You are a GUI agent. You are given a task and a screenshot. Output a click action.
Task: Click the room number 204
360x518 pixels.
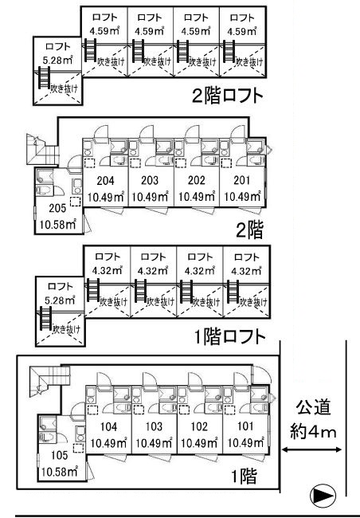pos(105,180)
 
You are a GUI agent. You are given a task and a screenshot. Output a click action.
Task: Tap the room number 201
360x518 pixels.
pos(242,180)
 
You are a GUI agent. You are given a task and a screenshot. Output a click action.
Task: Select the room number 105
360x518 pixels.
pos(60,455)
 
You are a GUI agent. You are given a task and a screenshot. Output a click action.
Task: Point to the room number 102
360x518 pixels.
pos(199,426)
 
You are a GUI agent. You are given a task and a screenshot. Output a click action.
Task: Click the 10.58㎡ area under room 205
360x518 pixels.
pos(58,225)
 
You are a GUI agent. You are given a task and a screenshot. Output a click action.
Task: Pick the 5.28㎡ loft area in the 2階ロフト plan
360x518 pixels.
pos(58,60)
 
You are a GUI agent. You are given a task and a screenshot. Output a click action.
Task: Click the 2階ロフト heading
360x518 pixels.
pos(228,96)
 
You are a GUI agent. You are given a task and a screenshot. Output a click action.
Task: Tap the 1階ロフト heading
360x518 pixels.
pos(230,336)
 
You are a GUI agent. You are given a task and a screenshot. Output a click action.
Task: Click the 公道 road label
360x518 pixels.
pos(313,408)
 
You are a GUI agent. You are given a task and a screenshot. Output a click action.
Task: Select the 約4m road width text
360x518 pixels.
pos(313,432)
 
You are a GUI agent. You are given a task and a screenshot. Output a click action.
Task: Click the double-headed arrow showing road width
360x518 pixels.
pos(311,449)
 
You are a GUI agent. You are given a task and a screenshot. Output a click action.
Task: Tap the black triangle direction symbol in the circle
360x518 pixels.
pos(319,495)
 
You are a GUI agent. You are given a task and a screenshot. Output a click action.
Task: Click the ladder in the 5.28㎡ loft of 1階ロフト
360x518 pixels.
pos(45,319)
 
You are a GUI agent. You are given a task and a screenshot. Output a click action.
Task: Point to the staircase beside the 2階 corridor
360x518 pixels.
pos(42,149)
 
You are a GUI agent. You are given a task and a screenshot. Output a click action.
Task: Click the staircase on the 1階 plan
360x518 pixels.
pos(49,381)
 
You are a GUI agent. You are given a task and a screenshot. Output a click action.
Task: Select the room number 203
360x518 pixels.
pos(150,180)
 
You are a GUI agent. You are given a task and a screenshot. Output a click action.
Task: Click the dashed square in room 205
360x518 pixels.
pos(76,202)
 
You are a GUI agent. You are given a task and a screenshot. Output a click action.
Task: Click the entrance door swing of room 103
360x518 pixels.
pos(148,379)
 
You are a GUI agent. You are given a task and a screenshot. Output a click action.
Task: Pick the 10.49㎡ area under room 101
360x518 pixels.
pos(246,442)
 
